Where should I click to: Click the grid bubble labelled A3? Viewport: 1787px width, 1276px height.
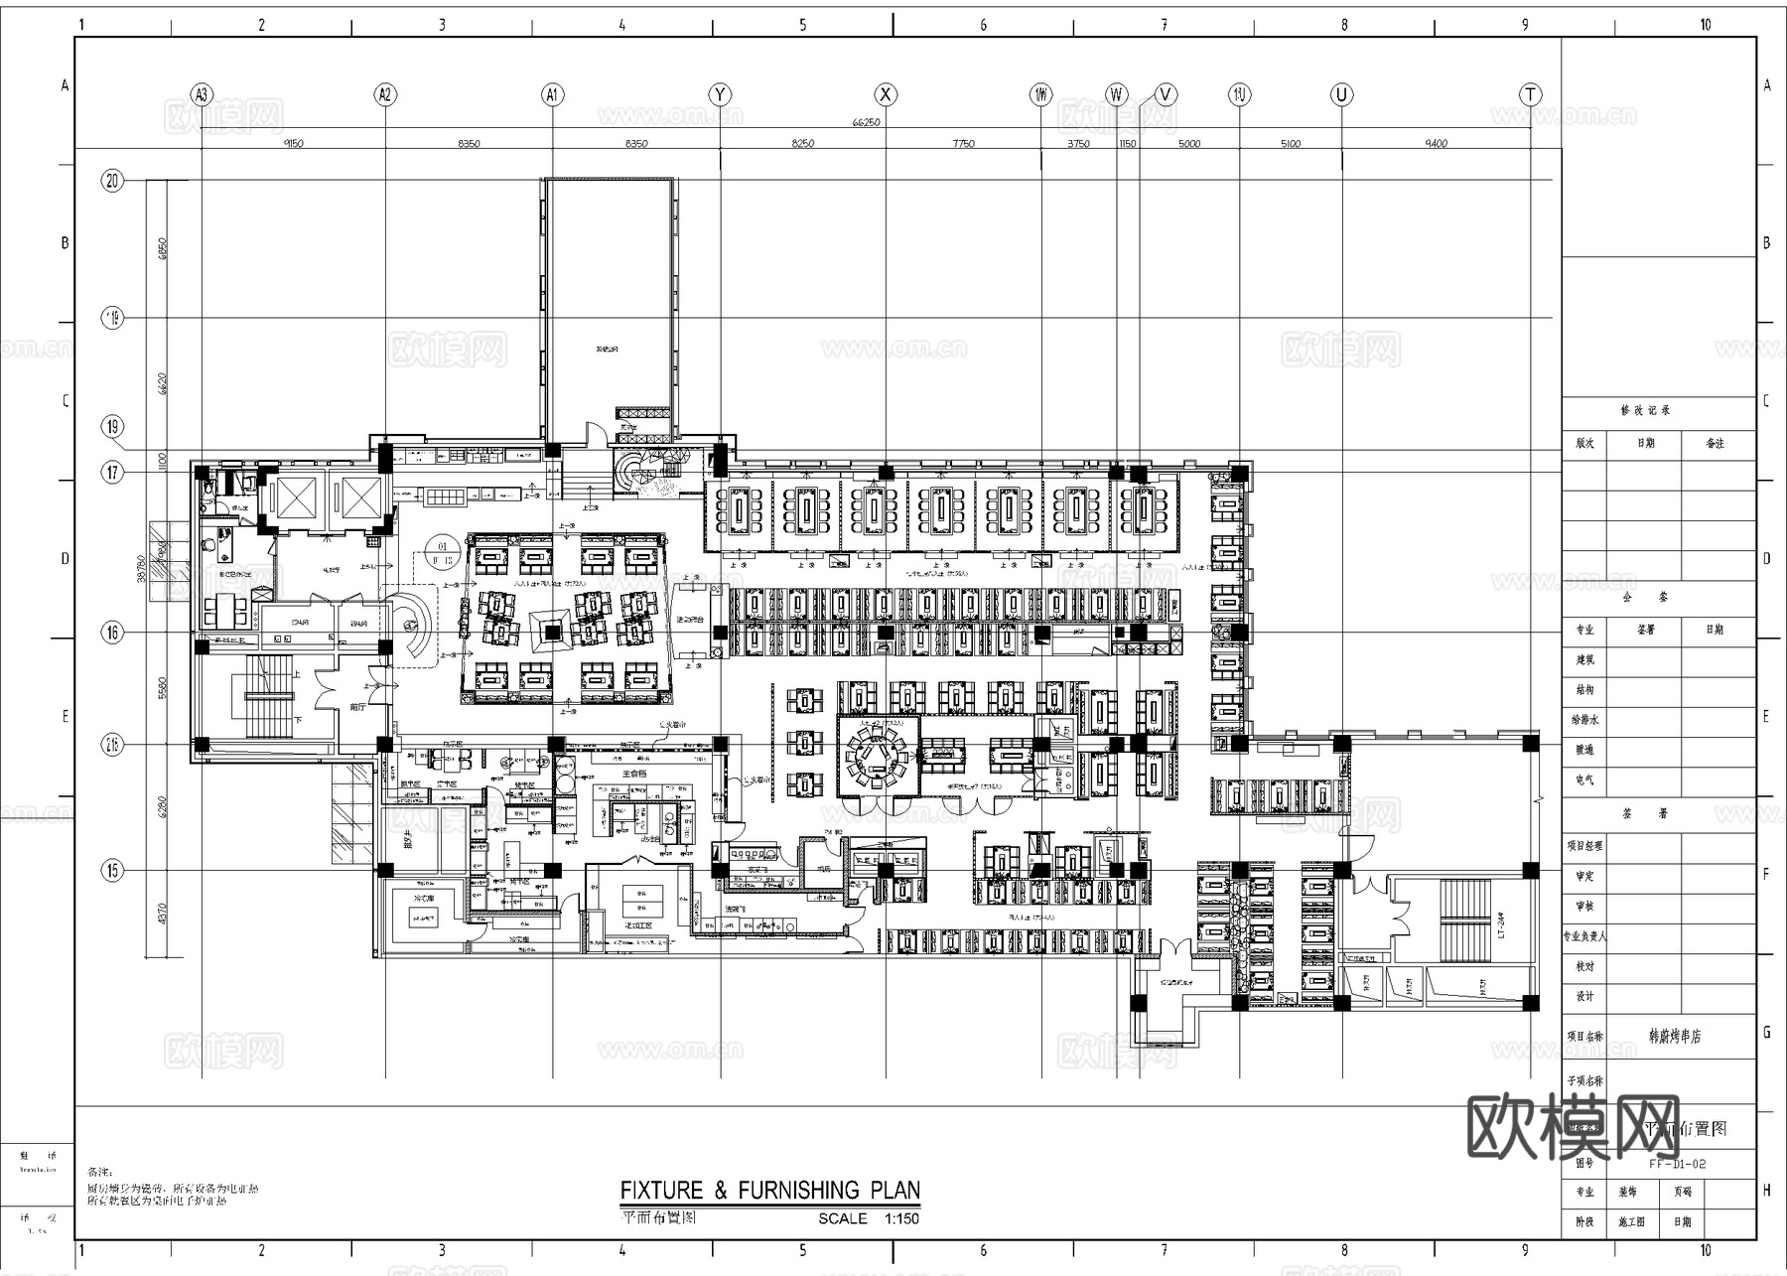point(202,94)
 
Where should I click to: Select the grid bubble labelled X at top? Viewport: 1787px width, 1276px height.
point(885,94)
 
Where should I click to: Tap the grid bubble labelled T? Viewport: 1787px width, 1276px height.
point(1530,94)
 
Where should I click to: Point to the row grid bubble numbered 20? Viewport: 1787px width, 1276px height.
point(112,181)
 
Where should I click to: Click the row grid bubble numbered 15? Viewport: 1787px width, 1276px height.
point(112,871)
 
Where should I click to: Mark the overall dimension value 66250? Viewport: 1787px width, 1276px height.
point(866,123)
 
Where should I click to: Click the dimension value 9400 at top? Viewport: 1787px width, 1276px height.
point(1436,144)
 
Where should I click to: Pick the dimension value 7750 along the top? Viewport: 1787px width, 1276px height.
point(963,144)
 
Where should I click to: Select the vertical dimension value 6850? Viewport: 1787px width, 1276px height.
point(163,248)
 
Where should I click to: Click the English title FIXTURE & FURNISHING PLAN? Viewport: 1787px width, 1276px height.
point(769,1190)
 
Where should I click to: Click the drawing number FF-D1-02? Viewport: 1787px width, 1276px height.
point(1677,1164)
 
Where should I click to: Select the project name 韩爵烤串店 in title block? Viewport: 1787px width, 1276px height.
point(1675,1036)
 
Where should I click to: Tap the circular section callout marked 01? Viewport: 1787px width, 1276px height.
point(443,552)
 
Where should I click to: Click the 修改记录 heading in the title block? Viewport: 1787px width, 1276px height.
point(1645,410)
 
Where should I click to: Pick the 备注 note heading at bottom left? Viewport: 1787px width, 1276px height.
point(101,1172)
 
